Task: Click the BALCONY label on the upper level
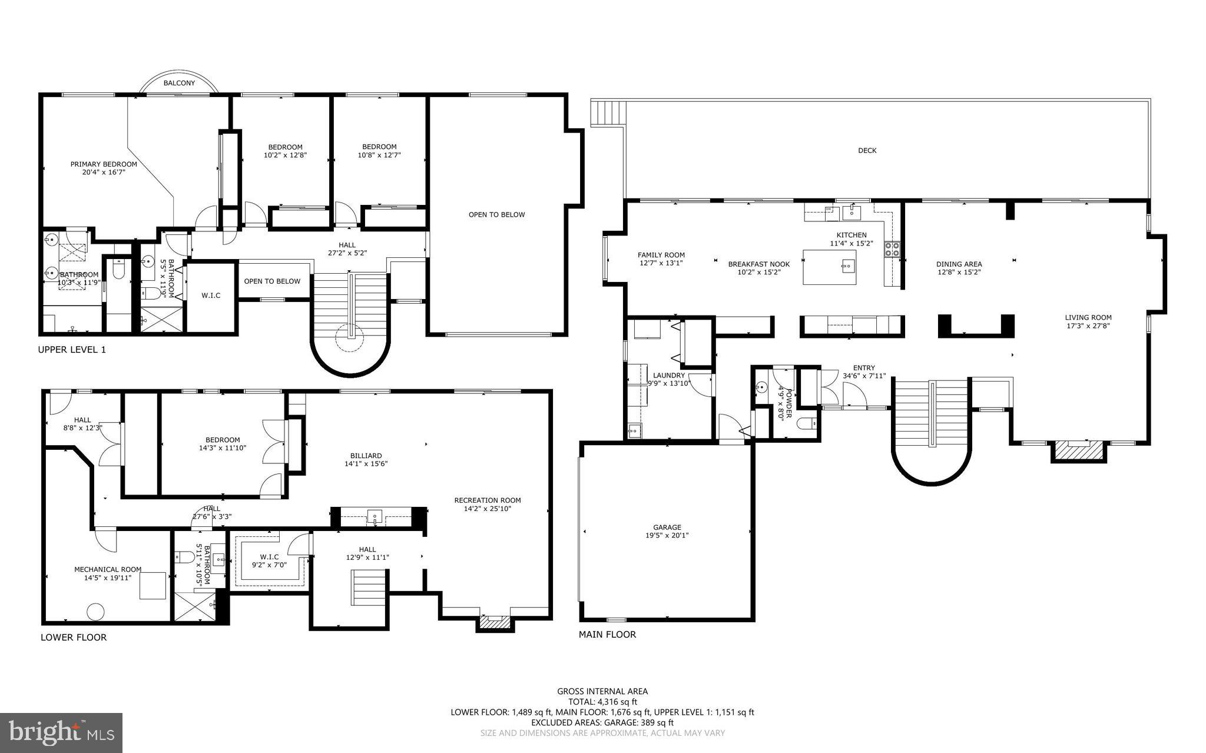tap(179, 83)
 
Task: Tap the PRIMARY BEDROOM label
tap(104, 164)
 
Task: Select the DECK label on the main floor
tap(867, 151)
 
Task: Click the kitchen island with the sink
tap(829, 267)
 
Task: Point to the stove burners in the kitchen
tap(892, 250)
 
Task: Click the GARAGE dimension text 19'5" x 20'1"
tap(667, 536)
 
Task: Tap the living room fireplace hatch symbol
tap(1079, 451)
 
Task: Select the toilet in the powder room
tap(806, 423)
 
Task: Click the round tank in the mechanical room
tap(95, 612)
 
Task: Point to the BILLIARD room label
tap(366, 456)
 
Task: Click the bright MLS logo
tap(61, 732)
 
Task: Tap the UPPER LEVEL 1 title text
tap(72, 350)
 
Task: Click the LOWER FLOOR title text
tap(74, 637)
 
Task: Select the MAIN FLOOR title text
tap(607, 635)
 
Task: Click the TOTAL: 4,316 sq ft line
tap(602, 702)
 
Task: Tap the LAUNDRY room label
tap(669, 376)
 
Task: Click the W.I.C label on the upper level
tap(211, 296)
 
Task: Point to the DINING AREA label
tap(959, 264)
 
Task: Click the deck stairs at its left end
tap(607, 112)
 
